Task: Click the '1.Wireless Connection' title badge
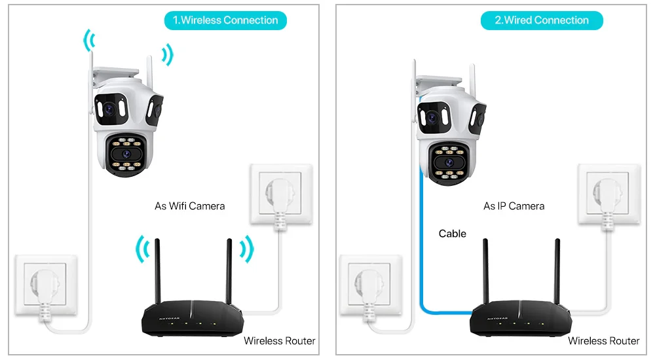coord(225,20)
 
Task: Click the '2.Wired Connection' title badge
coord(542,20)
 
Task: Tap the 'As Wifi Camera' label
coord(189,206)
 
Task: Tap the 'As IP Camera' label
coord(514,206)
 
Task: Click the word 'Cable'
coord(453,234)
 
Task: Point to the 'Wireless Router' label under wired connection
coord(603,341)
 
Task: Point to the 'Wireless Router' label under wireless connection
coord(280,341)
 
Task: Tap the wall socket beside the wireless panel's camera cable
coord(45,286)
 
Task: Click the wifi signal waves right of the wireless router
coord(245,249)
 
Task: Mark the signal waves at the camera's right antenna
coord(168,54)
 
